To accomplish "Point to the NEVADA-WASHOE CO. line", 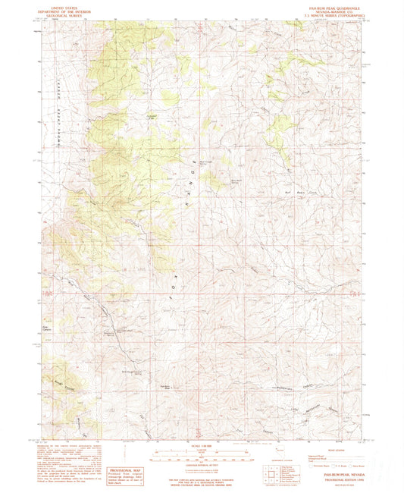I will pyautogui.click(x=345, y=9).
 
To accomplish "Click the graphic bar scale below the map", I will pyautogui.click(x=201, y=456).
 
